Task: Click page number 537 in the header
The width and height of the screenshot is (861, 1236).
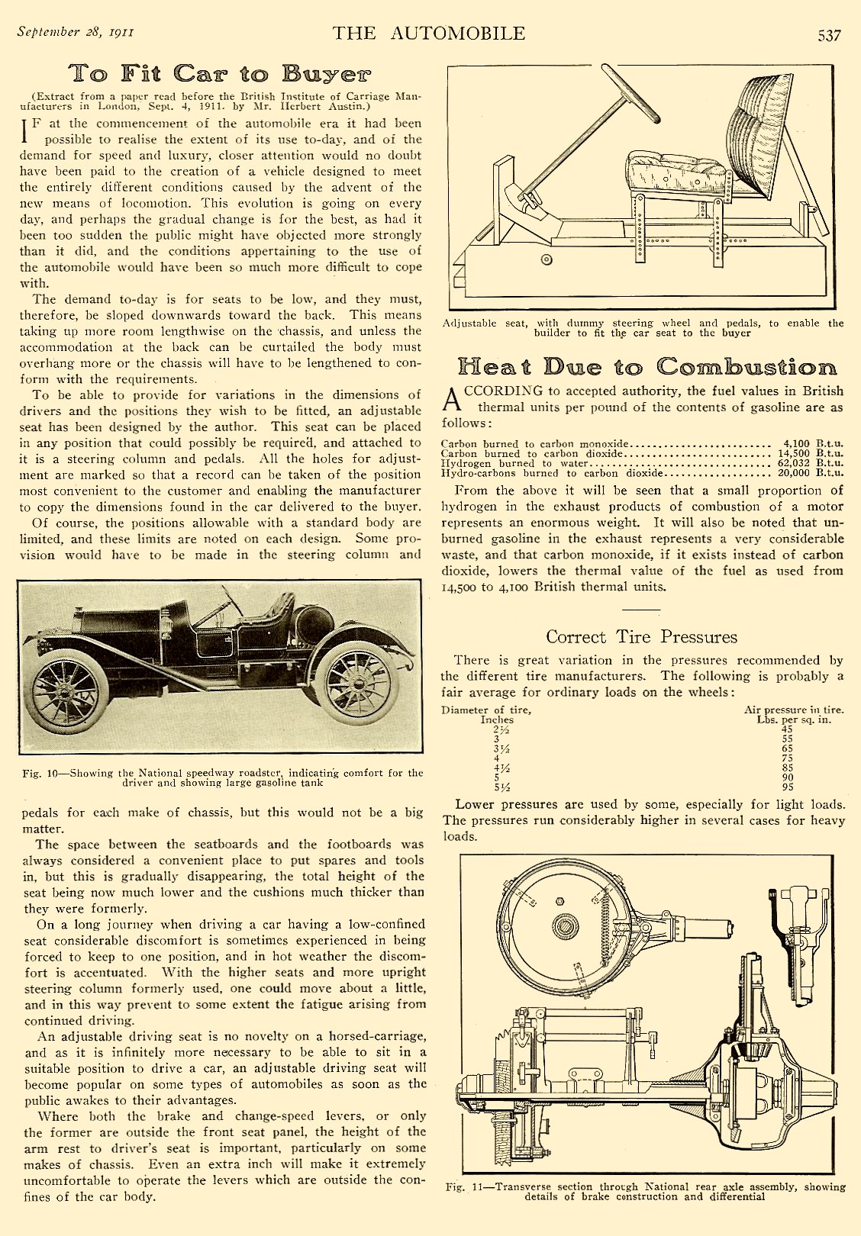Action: point(829,36)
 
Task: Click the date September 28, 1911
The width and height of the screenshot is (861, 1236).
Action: point(76,32)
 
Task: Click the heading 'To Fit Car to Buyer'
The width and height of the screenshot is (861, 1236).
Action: point(220,74)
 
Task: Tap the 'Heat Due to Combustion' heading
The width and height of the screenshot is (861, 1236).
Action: point(647,367)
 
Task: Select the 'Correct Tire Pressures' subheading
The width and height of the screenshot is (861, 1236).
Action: point(641,637)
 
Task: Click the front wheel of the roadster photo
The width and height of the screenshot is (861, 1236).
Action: point(66,692)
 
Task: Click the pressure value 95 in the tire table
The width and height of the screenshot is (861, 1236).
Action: point(787,787)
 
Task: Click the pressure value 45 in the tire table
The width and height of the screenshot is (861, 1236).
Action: point(787,729)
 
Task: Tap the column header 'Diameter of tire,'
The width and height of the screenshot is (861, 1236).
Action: point(486,710)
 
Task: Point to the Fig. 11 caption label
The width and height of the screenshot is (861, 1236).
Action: point(466,1187)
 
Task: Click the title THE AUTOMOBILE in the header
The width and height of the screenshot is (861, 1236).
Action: point(429,34)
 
